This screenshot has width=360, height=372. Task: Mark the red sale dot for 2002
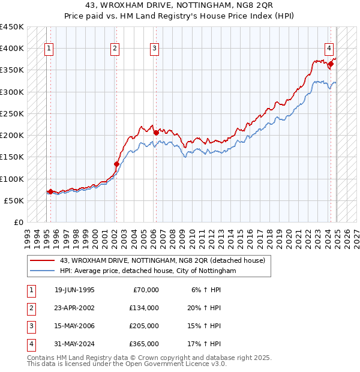click(x=116, y=164)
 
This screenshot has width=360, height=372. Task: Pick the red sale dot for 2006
click(x=156, y=133)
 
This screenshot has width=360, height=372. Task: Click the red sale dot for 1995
click(x=50, y=191)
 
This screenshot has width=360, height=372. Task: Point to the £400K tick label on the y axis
click(x=12, y=49)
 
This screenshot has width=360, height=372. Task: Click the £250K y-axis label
click(x=12, y=113)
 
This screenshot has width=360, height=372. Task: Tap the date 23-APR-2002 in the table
click(x=74, y=308)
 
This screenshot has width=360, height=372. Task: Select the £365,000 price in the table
click(x=144, y=344)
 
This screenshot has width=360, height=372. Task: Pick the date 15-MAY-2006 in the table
click(x=74, y=326)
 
